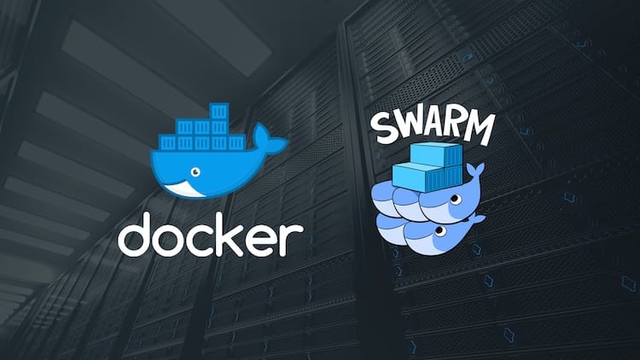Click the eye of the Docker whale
pos(195,171)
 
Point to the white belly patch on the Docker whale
pos(183,189)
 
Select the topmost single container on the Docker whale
pos(218,111)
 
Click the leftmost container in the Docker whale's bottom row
pos(168,142)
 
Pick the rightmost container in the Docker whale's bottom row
pos(236,142)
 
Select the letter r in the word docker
pos(293,240)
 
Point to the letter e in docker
pos(265,240)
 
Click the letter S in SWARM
pos(386,129)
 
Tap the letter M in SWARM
pos(480,128)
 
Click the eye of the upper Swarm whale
pos(456,199)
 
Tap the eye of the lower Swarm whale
pos(440,231)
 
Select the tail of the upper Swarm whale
pos(474,171)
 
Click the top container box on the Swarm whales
pos(436,154)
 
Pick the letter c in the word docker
pos(208,240)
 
